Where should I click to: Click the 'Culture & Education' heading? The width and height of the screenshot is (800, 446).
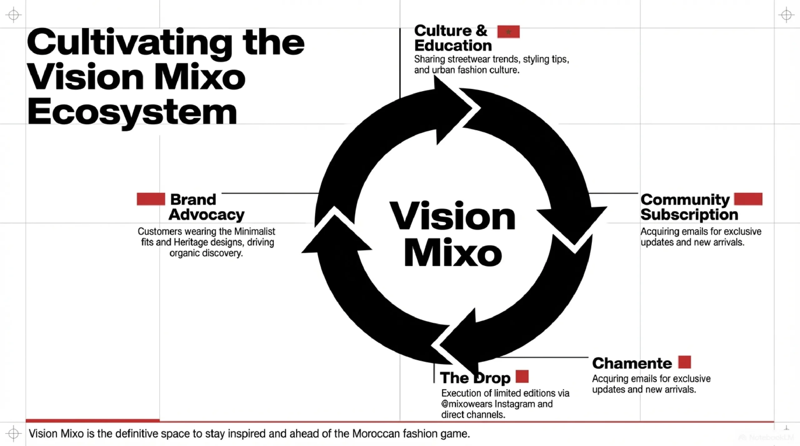tap(453, 38)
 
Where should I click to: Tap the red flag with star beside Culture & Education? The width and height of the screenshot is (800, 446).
tap(508, 32)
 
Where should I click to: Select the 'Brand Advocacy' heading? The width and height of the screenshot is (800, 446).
tap(206, 207)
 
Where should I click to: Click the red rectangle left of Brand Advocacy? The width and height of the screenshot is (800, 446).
tap(151, 199)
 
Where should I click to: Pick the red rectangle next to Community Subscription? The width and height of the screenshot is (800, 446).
tap(748, 199)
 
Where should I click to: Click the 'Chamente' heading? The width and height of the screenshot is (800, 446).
tap(632, 363)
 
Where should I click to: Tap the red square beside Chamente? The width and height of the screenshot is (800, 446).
tap(684, 362)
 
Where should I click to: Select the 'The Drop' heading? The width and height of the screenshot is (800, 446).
tap(475, 378)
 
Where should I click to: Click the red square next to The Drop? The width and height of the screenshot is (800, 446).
tap(522, 376)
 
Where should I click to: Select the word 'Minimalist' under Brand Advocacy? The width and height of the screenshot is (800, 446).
tap(254, 232)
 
